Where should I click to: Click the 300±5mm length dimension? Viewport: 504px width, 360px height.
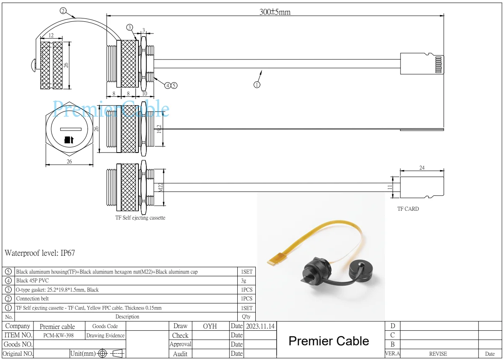[275, 12]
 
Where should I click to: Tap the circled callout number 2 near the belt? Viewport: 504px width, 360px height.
[63, 11]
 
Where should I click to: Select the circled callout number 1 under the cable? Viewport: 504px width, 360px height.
[257, 85]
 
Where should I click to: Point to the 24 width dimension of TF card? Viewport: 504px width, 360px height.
[422, 168]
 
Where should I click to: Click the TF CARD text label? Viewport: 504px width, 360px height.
[408, 209]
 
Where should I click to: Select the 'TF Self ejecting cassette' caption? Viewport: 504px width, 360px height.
[140, 218]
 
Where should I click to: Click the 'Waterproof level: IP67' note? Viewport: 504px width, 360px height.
[40, 253]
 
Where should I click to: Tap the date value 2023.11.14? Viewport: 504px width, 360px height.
[260, 326]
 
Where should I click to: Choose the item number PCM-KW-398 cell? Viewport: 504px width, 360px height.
[59, 335]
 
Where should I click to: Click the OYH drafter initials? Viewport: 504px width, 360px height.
[210, 326]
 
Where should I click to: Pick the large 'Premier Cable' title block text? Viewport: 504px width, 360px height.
[329, 341]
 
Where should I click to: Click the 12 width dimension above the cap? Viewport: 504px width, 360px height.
[51, 36]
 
